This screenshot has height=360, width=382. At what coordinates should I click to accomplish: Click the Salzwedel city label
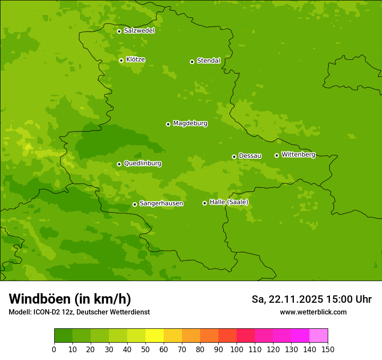tap(139, 31)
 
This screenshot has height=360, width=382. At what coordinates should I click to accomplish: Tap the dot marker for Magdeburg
tap(168, 124)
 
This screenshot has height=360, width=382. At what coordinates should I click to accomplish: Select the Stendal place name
tap(208, 61)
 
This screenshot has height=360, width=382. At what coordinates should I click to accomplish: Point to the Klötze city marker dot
tap(121, 60)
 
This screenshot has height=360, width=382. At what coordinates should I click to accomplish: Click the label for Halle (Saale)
tap(229, 202)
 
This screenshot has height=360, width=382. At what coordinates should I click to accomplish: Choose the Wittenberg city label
tap(298, 154)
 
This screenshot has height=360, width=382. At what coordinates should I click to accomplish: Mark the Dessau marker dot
tap(234, 157)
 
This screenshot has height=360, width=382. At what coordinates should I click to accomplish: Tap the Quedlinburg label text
tap(142, 164)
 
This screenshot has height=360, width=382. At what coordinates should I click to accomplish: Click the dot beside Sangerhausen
tap(135, 204)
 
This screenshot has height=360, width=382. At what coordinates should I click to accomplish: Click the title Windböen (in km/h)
tap(70, 299)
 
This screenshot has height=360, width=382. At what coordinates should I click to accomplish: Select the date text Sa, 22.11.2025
tap(287, 299)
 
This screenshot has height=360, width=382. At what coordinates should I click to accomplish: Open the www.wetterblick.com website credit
tap(313, 312)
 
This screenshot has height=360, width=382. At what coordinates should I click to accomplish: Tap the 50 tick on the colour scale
tap(145, 349)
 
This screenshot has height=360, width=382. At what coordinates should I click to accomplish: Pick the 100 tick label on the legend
tap(237, 349)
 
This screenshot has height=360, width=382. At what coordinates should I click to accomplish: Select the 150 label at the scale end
tap(328, 349)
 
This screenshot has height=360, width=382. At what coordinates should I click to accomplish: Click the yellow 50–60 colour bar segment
tap(155, 336)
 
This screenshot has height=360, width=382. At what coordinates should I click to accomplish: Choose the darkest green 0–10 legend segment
tap(63, 336)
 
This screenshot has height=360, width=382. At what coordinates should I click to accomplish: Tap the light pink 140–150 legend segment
tap(319, 336)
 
